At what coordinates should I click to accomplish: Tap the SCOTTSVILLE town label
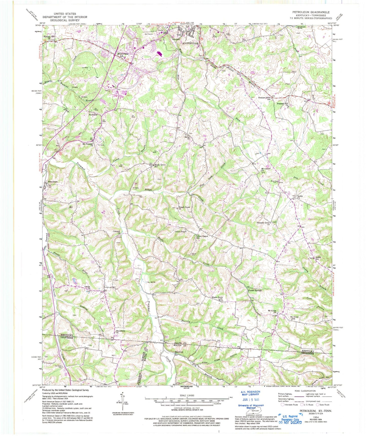pyautogui.click(x=190, y=43)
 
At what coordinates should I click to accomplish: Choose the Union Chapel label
pyautogui.click(x=181, y=231)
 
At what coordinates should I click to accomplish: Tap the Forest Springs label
pyautogui.click(x=255, y=290)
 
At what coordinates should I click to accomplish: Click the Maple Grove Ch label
pyautogui.click(x=217, y=298)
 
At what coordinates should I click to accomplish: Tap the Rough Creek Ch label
pyautogui.click(x=184, y=208)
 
